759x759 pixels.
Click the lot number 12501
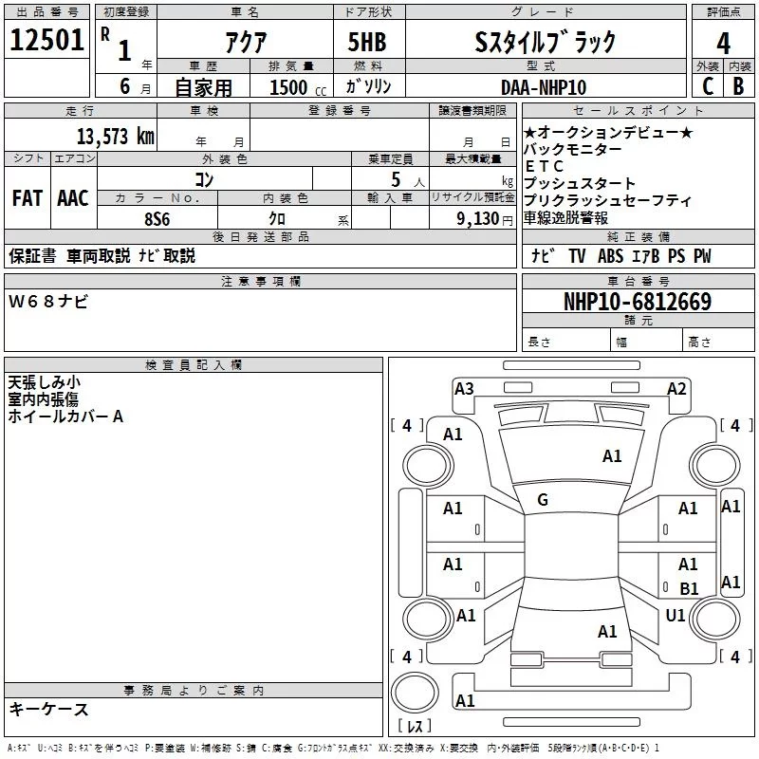(x=46, y=41)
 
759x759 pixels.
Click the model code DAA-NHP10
(x=544, y=87)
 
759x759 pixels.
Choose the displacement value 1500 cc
(x=288, y=87)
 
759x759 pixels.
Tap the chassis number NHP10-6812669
(x=637, y=302)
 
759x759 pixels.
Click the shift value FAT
(x=28, y=198)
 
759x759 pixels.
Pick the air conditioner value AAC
(x=72, y=198)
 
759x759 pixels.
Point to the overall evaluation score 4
(x=724, y=43)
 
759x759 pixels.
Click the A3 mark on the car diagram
(x=464, y=388)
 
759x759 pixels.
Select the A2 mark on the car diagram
(x=676, y=388)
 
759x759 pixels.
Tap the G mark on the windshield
(x=543, y=500)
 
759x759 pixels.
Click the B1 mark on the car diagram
(x=689, y=588)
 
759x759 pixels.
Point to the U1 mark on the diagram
(x=676, y=616)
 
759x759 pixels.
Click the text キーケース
(x=48, y=709)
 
